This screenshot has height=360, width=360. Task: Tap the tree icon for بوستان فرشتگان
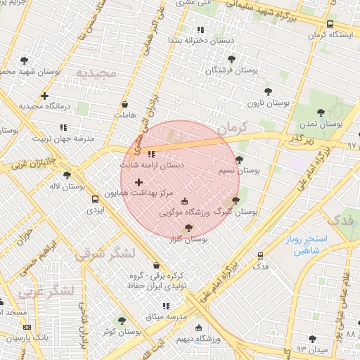point(232,59)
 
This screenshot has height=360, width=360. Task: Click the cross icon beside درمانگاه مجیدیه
point(45,96)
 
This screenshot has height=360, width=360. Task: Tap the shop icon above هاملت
point(124,104)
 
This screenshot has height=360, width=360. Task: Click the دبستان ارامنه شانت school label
point(152,165)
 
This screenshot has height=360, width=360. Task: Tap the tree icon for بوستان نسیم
point(239,160)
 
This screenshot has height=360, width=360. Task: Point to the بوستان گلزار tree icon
point(188,228)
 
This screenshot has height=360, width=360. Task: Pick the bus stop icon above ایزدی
point(94,199)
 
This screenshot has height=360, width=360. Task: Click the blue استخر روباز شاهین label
point(303,245)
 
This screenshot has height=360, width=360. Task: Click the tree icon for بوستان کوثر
point(122,320)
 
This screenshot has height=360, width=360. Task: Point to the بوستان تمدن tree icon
point(321,112)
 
